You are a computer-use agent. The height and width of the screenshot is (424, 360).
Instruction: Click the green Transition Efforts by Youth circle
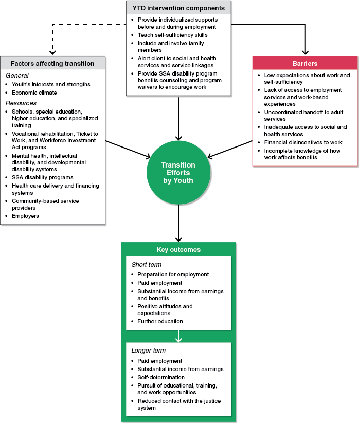[178, 172]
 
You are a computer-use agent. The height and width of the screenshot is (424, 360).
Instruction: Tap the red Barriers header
[305, 64]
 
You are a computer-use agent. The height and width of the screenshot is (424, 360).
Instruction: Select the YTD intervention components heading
[178, 8]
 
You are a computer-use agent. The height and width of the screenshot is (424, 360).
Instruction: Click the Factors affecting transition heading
[53, 64]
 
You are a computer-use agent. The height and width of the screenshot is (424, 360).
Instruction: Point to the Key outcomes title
[178, 250]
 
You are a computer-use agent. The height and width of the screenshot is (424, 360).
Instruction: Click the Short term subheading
[147, 265]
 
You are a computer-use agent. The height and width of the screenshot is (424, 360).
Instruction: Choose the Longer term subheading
[149, 351]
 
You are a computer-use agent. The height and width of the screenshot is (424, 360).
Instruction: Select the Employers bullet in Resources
[25, 216]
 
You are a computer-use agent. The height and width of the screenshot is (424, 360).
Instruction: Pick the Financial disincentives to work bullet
[303, 142]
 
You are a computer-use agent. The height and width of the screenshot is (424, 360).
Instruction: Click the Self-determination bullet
[161, 377]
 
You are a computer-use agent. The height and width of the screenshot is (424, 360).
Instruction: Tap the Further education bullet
[160, 321]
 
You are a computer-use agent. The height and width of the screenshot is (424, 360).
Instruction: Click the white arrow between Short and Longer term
[178, 337]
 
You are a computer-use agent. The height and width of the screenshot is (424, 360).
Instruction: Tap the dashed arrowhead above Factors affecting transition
[51, 52]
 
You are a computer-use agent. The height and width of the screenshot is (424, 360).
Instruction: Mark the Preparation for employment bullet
[173, 274]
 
